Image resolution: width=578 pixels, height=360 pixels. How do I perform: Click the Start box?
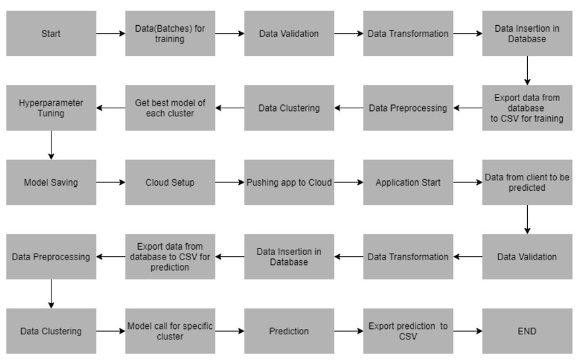(51, 33)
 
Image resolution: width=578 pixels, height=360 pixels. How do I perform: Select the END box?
(527, 331)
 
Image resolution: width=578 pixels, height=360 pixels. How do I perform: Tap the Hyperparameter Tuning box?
(51, 108)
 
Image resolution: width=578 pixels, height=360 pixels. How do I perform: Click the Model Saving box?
(51, 182)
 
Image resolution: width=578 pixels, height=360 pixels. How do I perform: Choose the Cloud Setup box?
(170, 182)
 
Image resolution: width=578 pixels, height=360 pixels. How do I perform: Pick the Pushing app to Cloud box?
(289, 182)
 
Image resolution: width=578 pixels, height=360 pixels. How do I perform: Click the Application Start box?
(408, 182)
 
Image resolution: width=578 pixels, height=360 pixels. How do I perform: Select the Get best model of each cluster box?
(170, 108)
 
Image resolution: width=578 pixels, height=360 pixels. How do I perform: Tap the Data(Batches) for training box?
(170, 33)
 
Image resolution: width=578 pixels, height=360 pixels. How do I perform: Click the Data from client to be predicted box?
(527, 182)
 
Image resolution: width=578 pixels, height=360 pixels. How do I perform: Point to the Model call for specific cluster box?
(170, 331)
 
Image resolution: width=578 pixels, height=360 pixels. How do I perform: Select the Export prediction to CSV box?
(408, 331)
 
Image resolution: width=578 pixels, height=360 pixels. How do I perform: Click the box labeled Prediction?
(289, 331)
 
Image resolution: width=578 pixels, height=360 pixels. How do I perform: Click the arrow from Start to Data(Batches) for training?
(110, 33)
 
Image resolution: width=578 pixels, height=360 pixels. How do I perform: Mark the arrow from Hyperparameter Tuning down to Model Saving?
(51, 145)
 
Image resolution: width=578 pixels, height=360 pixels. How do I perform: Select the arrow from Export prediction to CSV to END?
(468, 331)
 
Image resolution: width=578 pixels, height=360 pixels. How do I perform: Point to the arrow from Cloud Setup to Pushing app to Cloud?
(229, 182)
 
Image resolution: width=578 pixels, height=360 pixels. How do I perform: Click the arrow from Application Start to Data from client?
(468, 182)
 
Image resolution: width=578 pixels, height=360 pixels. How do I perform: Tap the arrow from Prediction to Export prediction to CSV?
(349, 331)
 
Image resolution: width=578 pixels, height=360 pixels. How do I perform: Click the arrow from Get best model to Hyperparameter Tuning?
(110, 108)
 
